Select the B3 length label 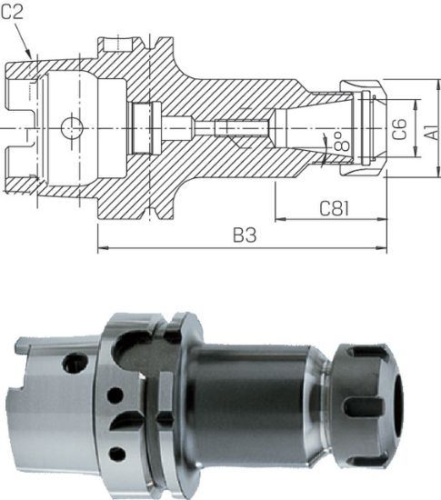(243, 235)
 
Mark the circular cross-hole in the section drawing (70, 129)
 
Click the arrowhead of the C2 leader (34, 58)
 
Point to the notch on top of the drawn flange (118, 44)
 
